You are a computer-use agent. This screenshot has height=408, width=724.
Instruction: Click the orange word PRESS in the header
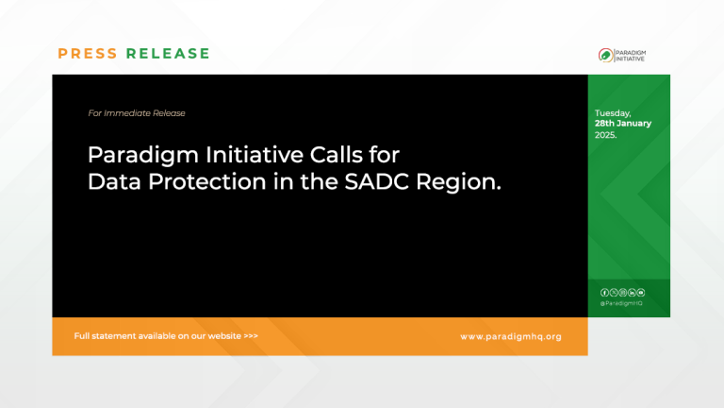click(88, 54)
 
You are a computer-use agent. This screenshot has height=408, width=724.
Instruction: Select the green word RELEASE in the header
click(168, 54)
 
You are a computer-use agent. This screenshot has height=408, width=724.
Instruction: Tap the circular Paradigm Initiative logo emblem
click(604, 55)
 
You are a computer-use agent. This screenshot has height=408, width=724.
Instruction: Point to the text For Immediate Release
click(137, 113)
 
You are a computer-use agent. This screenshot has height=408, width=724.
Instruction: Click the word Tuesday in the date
click(613, 113)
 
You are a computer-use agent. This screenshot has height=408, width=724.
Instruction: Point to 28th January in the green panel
click(622, 124)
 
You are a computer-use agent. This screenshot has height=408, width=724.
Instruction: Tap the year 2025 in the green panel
click(605, 135)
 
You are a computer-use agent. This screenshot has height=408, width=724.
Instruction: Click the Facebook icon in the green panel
click(604, 293)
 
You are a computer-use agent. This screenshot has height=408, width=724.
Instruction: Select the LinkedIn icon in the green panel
click(632, 293)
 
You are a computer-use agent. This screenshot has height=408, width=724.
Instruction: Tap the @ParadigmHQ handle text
click(621, 303)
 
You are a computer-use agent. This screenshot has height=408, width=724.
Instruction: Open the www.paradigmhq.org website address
click(510, 336)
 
